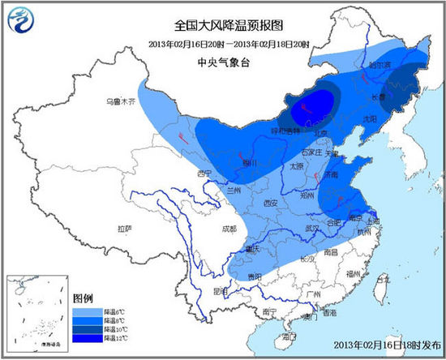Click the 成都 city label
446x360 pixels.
point(229,229)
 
